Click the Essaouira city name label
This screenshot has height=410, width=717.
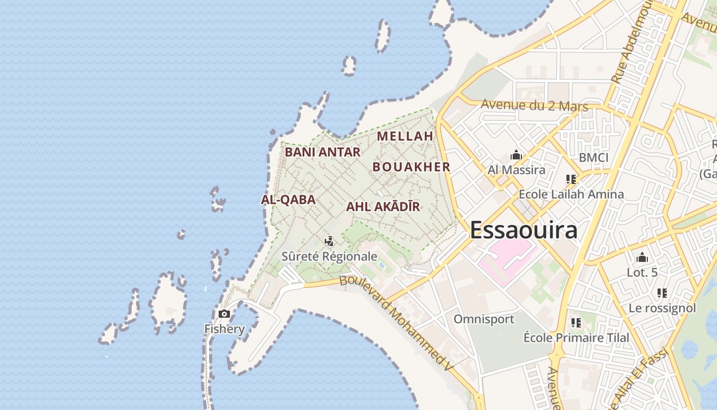[523, 230]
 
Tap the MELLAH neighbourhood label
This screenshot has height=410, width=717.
[405, 136]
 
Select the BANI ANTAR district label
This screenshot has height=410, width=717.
[323, 152]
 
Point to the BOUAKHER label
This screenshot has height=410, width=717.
[411, 167]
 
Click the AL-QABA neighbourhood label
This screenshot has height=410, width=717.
[288, 200]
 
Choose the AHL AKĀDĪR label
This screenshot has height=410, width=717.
[383, 207]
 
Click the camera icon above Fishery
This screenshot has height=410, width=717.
[224, 314]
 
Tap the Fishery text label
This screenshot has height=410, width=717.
[224, 329]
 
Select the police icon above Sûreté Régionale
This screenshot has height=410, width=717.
[329, 241]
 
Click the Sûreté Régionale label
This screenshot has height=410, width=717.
[329, 256]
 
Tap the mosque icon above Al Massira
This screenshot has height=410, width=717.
[516, 155]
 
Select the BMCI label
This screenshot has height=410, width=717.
[593, 157]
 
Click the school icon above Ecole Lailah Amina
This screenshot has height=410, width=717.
[571, 179]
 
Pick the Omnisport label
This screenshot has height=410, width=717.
[483, 319]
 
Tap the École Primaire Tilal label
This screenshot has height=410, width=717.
[576, 338]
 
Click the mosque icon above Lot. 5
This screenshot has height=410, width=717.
[642, 258]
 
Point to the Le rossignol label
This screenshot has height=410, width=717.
[662, 308]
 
